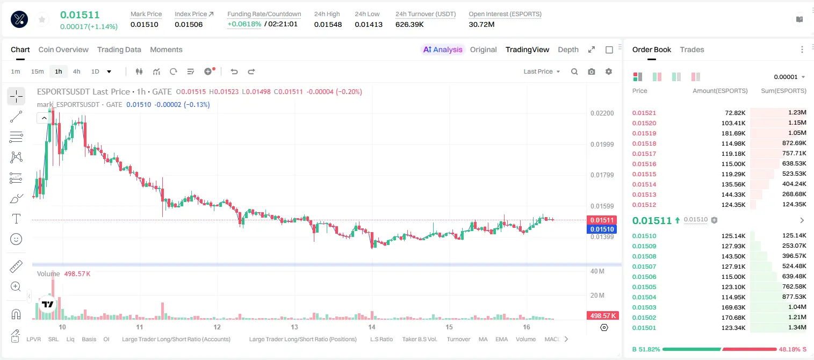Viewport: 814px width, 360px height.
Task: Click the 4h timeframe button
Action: [x=76, y=71]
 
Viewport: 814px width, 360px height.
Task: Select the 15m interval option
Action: [x=38, y=71]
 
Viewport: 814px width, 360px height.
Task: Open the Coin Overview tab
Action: [x=63, y=49]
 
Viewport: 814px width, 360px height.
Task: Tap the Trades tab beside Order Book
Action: [x=692, y=49]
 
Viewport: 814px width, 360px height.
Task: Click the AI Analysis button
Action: [x=443, y=49]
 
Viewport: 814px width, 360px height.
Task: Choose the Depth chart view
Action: [x=568, y=49]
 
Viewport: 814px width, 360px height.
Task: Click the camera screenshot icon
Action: [x=592, y=71]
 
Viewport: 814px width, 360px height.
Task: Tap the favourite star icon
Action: [x=42, y=19]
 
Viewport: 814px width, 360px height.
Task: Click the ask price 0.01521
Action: [x=644, y=113]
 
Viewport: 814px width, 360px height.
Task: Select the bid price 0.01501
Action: [x=644, y=328]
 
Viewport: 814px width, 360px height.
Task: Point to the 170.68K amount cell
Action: [x=733, y=318]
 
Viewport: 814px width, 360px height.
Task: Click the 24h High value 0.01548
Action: [x=328, y=24]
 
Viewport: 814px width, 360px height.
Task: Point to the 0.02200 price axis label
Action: [x=602, y=113]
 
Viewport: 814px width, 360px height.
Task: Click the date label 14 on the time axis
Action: [x=371, y=327]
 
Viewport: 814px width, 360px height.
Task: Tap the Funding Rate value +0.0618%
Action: [x=244, y=24]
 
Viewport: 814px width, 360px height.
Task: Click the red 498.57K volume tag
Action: [x=602, y=316]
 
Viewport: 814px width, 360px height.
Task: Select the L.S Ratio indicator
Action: [x=381, y=339]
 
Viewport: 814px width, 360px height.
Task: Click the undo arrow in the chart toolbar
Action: [x=234, y=71]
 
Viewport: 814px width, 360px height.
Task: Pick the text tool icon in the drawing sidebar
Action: [x=16, y=219]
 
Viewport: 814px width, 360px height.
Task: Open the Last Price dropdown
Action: [x=542, y=71]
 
